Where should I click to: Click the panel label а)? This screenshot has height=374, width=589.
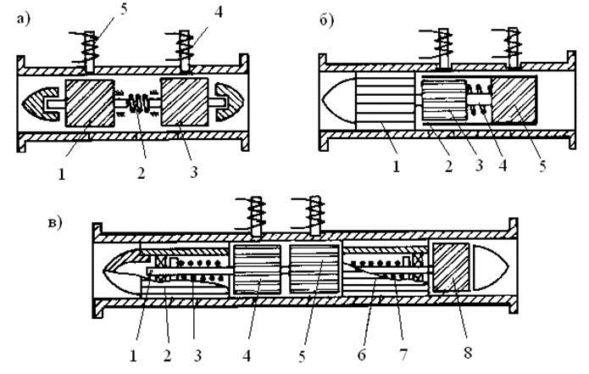coord(22,20)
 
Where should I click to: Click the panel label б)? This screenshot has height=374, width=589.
coord(326,20)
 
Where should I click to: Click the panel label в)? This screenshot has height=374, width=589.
coord(55,222)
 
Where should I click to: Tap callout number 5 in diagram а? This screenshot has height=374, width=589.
coord(124,8)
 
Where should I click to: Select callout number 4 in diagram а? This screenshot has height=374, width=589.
coord(219,11)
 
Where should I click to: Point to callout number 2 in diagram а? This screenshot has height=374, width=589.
coord(141,173)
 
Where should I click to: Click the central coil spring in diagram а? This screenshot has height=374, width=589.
coord(137,103)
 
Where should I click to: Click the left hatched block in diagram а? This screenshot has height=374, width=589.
coord(90,103)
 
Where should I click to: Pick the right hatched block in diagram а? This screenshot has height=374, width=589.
coord(185,102)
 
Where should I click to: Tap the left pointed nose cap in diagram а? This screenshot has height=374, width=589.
coord(40,103)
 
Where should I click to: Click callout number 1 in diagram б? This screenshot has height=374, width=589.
coord(396,165)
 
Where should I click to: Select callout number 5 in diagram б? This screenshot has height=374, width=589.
coord(542,165)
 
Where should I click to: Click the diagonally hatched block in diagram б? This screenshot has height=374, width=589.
coord(514,100)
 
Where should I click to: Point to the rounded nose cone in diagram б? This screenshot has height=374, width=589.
coord(339,100)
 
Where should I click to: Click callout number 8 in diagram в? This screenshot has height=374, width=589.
coord(468,352)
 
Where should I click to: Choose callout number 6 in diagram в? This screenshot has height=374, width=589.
coord(361,354)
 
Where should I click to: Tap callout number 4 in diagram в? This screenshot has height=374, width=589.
coord(247,355)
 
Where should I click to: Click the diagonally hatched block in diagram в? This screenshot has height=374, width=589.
coord(451,267)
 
